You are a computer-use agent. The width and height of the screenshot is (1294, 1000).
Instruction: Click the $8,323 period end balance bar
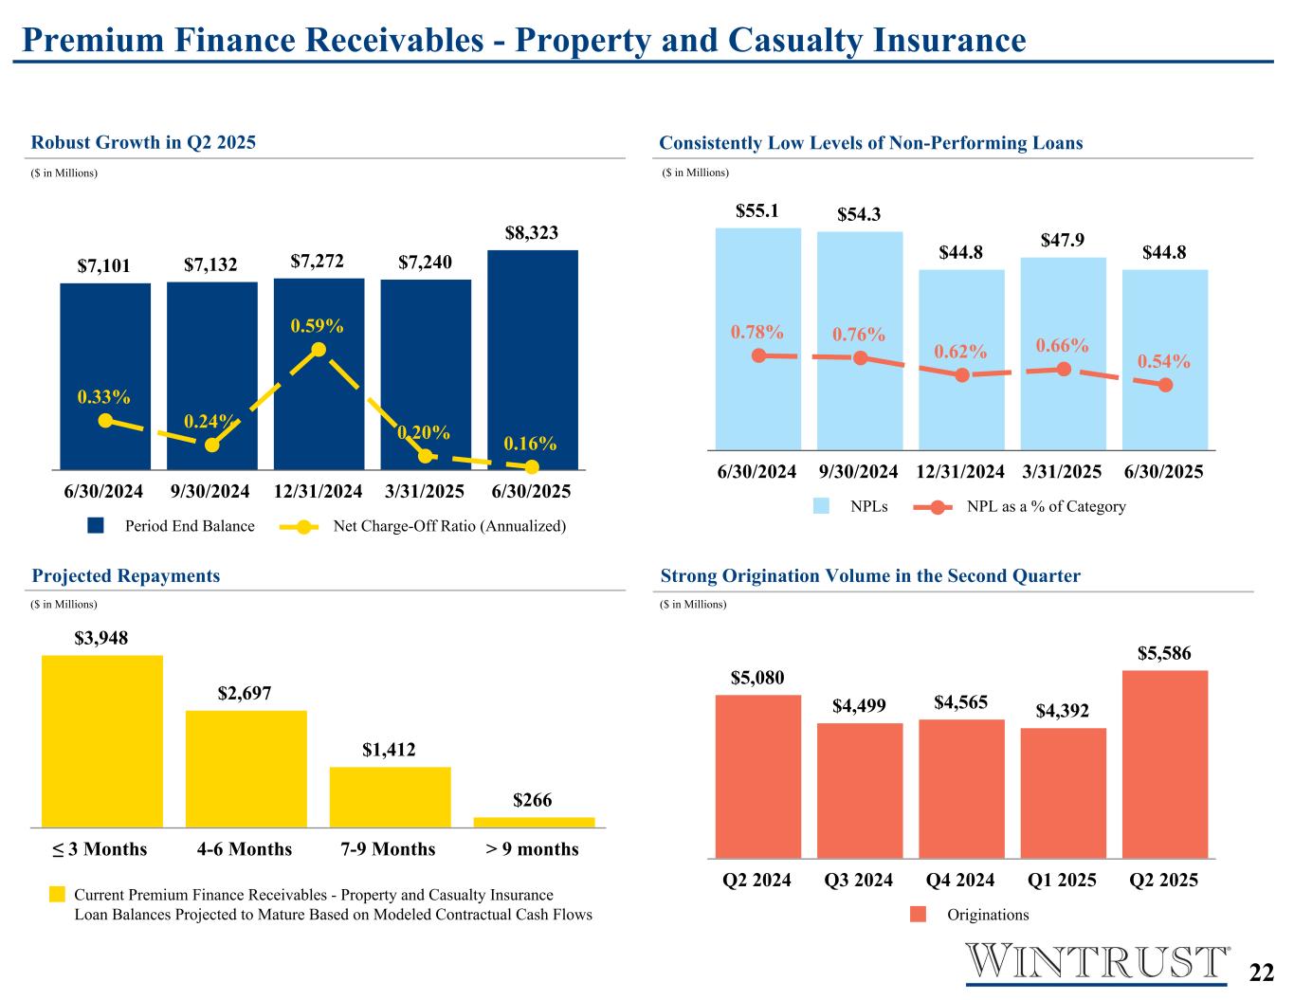click(532, 360)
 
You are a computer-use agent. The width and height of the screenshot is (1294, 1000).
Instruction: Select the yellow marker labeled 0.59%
click(319, 350)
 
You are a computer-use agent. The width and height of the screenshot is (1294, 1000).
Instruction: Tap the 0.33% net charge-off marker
click(105, 420)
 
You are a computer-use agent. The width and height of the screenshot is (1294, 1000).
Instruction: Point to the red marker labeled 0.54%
click(1165, 385)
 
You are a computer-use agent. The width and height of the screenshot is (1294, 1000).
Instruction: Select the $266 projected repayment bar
click(534, 822)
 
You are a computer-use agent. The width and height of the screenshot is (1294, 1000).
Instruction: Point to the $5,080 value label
click(757, 678)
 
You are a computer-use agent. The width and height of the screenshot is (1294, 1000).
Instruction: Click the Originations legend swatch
click(918, 915)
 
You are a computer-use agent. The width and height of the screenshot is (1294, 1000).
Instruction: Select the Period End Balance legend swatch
click(96, 526)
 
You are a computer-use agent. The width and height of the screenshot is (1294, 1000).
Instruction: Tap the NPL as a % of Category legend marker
click(936, 507)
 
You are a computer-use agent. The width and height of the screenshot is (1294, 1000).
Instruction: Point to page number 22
click(1261, 973)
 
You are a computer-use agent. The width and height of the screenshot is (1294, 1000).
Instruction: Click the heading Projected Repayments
click(126, 576)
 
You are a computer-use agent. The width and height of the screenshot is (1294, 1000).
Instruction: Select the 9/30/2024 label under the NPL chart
click(859, 472)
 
